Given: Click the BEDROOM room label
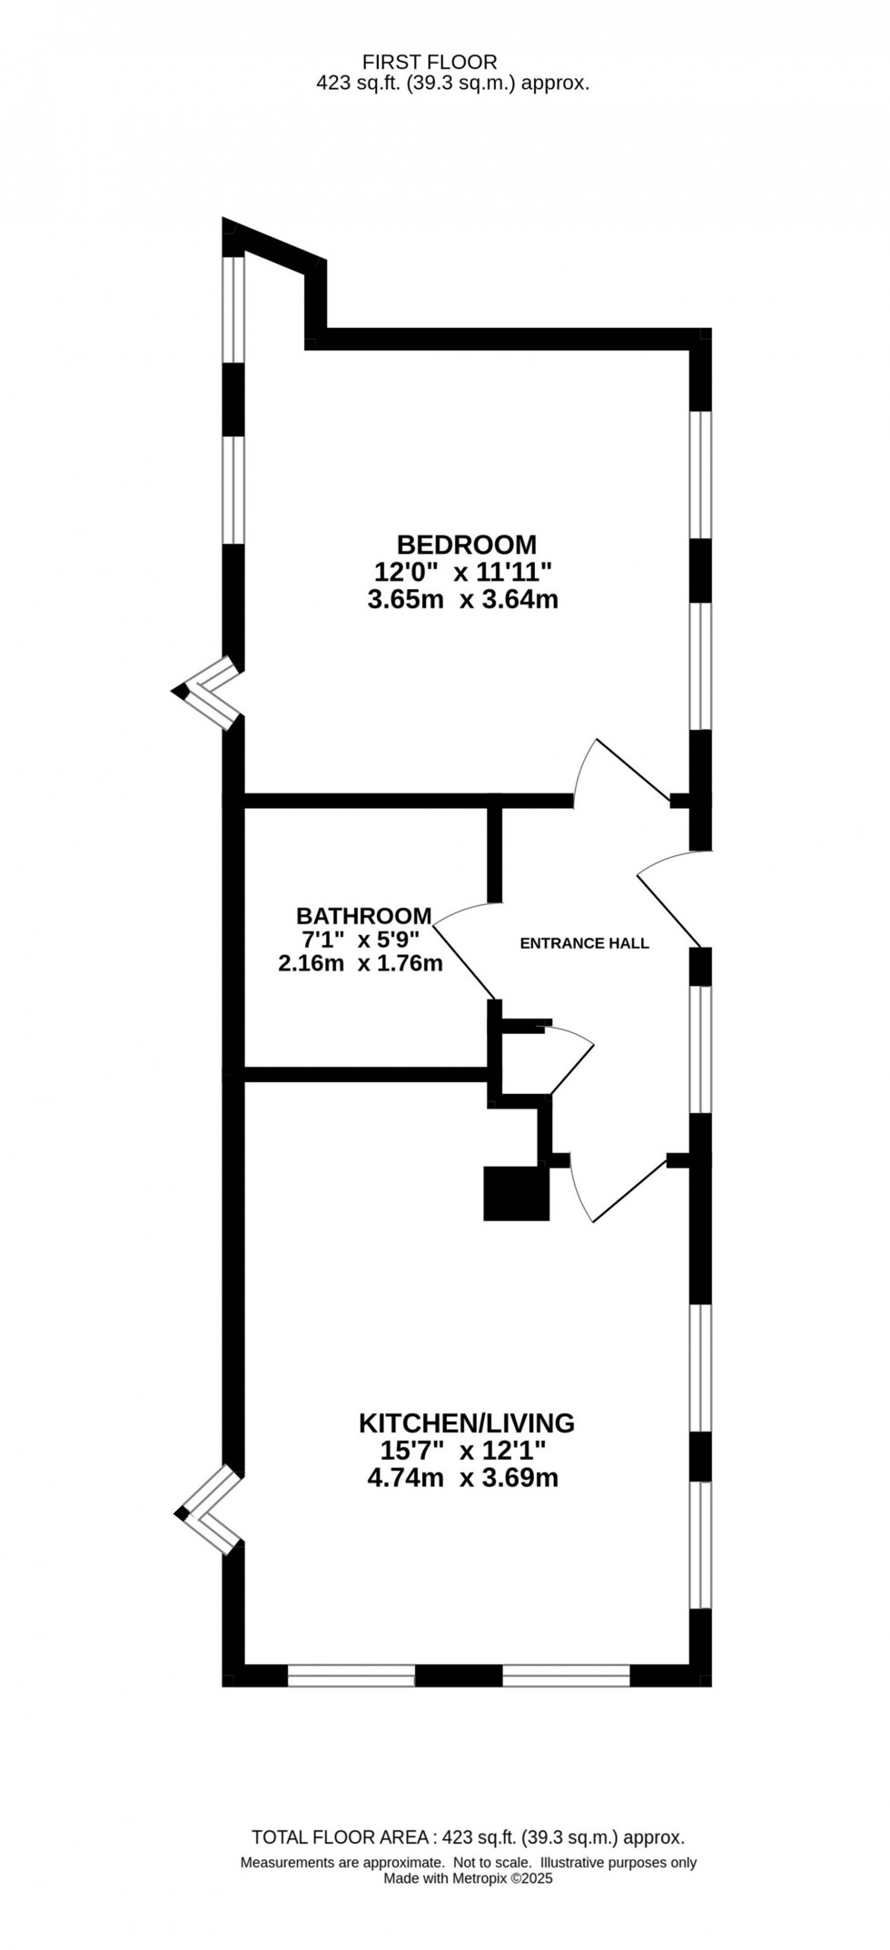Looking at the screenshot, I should tap(467, 545).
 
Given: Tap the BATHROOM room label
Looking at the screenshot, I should tap(363, 915).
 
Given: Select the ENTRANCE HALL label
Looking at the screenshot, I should tap(584, 943).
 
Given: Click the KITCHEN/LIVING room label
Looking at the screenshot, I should tap(467, 1423).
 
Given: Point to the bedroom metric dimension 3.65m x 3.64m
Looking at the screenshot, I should tap(462, 600).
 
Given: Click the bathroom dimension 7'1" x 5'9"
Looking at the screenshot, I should tap(361, 940).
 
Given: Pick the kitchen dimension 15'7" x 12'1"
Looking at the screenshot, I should tap(464, 1450).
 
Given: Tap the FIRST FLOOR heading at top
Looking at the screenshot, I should tap(430, 62).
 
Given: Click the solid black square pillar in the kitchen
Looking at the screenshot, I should tap(517, 1193).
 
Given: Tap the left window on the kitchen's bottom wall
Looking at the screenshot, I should tap(351, 1676).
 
